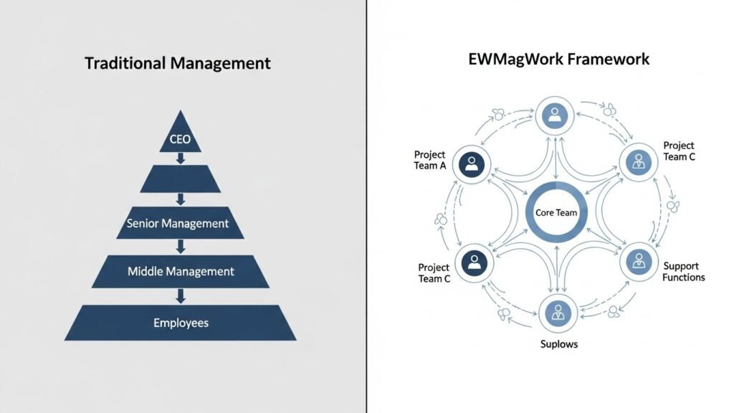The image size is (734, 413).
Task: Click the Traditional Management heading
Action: tap(178, 63)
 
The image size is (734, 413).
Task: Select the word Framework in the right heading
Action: tap(608, 59)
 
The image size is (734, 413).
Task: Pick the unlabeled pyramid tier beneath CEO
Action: tap(180, 179)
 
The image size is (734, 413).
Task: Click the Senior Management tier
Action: tap(180, 223)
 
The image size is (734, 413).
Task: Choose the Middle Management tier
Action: tap(181, 272)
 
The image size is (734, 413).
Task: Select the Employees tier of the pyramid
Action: tap(181, 323)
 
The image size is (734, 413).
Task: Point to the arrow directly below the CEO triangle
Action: tap(181, 158)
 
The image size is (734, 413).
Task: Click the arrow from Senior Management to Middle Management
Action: tap(181, 247)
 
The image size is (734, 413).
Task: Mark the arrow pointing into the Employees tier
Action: tap(181, 295)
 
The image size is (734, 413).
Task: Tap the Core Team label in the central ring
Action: tap(556, 213)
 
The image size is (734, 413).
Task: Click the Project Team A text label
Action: tap(430, 161)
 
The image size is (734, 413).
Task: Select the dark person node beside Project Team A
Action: tap(471, 165)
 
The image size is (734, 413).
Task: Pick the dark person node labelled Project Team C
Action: tap(471, 262)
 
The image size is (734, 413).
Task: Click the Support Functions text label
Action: tap(683, 272)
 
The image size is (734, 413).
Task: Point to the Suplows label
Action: tap(558, 344)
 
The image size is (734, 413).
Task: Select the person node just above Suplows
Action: tap(556, 313)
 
